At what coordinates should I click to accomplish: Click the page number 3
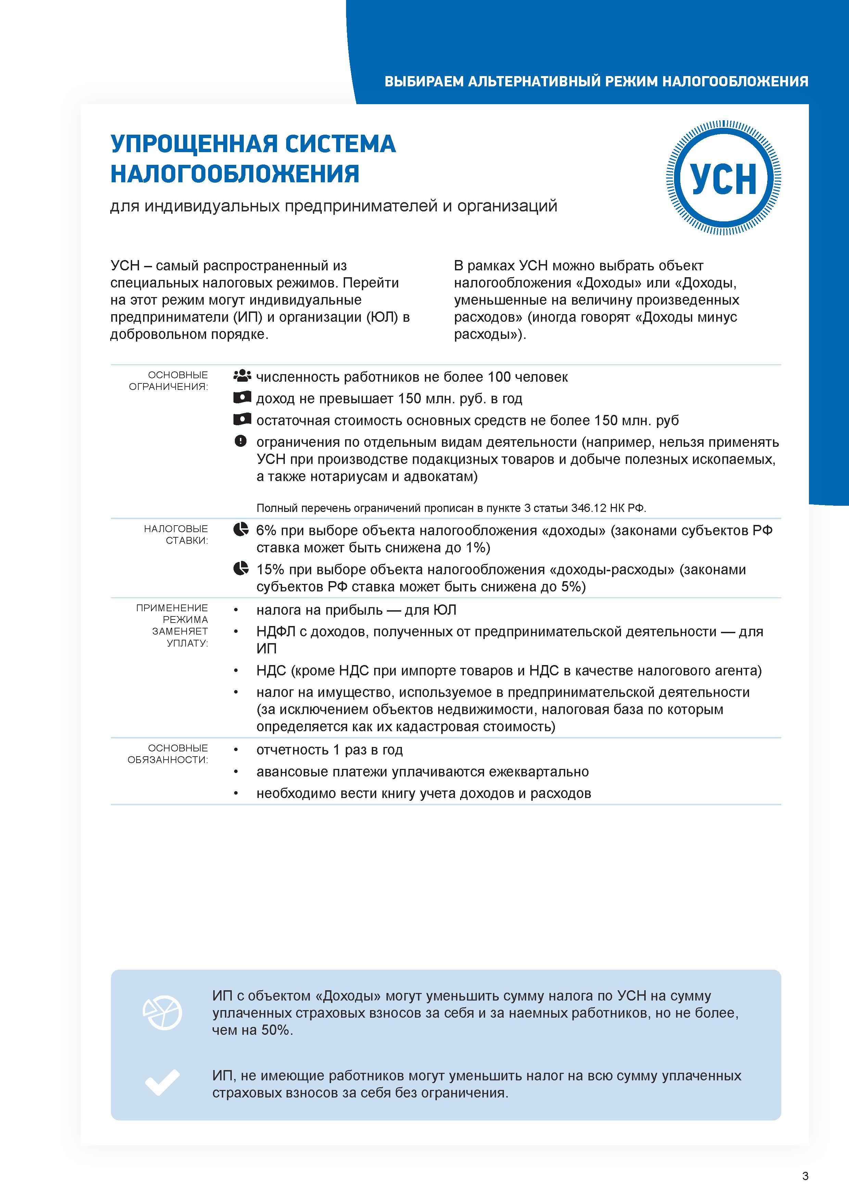point(805,1176)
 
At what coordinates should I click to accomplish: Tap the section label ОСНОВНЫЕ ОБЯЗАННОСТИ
point(168,754)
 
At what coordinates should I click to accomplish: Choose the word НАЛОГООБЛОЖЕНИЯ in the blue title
point(235,174)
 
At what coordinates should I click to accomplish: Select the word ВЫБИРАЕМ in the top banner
point(424,82)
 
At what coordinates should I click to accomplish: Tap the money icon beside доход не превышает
point(242,398)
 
